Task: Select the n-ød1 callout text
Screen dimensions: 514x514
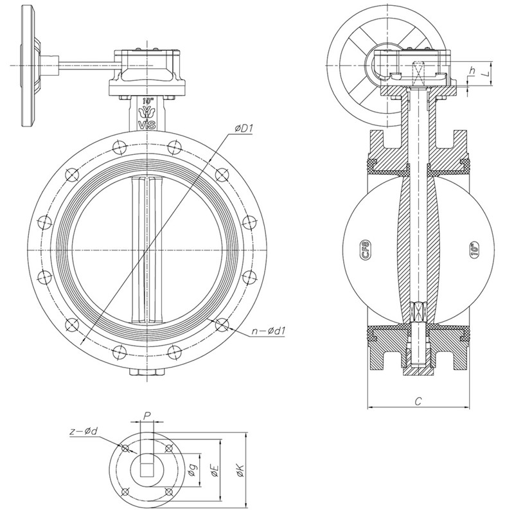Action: pos(269,331)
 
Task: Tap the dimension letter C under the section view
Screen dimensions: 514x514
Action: pos(418,401)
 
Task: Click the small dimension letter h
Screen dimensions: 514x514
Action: pos(472,71)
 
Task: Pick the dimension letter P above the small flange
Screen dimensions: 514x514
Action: pos(147,416)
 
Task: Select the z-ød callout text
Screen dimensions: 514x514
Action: pos(84,431)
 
